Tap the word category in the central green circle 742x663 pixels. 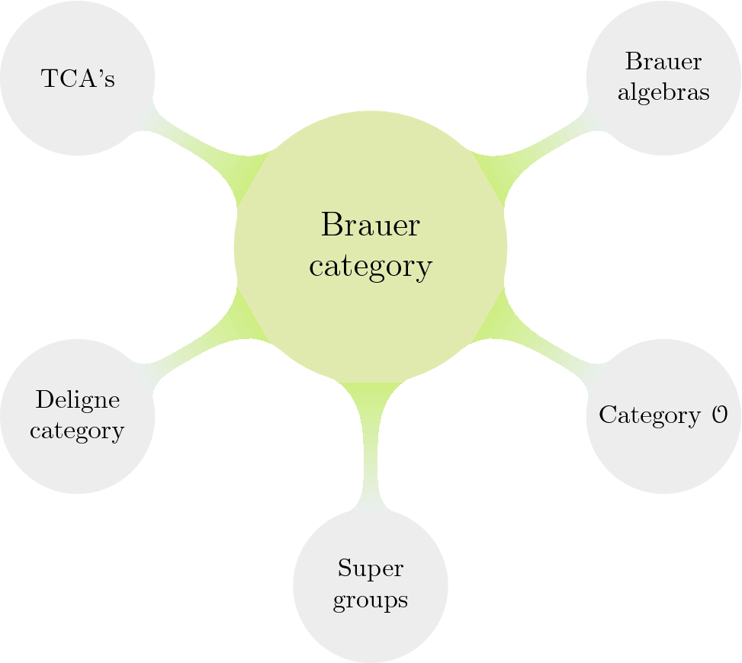click(x=371, y=267)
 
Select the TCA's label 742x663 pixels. click(x=77, y=78)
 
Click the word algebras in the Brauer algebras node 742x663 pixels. click(x=663, y=92)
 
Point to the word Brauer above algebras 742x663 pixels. click(x=663, y=62)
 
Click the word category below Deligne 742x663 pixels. click(x=77, y=431)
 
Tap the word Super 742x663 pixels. click(x=371, y=569)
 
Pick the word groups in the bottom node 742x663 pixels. click(x=371, y=600)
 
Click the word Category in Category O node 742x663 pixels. click(x=649, y=416)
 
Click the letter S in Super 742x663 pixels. click(x=342, y=569)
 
